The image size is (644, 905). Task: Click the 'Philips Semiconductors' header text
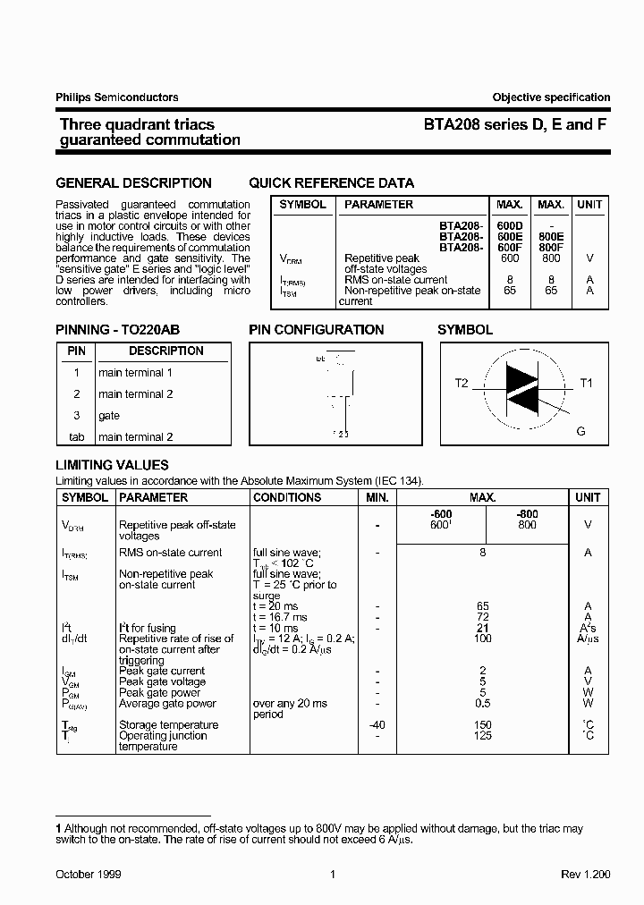[117, 97]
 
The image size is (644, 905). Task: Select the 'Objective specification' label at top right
[551, 97]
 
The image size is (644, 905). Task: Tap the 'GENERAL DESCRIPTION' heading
[134, 183]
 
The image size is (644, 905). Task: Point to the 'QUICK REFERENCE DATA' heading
[332, 183]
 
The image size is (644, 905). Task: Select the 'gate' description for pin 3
[109, 416]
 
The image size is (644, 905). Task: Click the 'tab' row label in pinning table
[76, 437]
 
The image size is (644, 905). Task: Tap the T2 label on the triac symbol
[461, 384]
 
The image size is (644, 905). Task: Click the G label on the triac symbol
[580, 431]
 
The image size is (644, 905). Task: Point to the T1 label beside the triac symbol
[586, 384]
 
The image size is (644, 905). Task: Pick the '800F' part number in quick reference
[551, 248]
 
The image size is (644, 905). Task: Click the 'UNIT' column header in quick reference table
[589, 205]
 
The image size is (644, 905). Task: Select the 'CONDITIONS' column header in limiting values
[287, 497]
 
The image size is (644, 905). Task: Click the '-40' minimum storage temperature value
[377, 725]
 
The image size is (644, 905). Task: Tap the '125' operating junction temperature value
[482, 736]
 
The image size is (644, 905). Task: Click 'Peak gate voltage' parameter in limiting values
[162, 682]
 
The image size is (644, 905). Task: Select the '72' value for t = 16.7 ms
[482, 618]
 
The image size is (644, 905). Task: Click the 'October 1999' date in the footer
[89, 874]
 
